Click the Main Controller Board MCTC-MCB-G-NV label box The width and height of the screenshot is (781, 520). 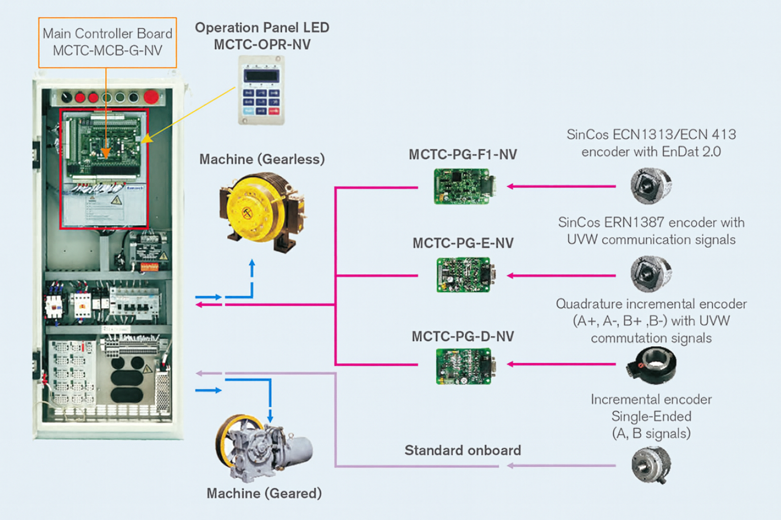click(107, 43)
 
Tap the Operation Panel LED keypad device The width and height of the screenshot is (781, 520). click(261, 90)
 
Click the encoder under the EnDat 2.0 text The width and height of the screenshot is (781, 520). click(651, 186)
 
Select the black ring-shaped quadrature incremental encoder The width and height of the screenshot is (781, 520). click(651, 365)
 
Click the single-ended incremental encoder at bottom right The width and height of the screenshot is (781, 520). click(651, 465)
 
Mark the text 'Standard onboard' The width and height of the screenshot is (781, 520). click(463, 450)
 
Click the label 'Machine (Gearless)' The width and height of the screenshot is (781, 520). click(262, 159)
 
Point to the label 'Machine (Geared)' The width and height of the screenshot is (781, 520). click(264, 494)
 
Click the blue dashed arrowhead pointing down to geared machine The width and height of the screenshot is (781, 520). click(270, 418)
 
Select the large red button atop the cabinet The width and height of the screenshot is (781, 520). click(151, 96)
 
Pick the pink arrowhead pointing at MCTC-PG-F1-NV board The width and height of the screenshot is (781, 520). click(510, 186)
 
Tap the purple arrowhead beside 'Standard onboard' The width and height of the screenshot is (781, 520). click(510, 465)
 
